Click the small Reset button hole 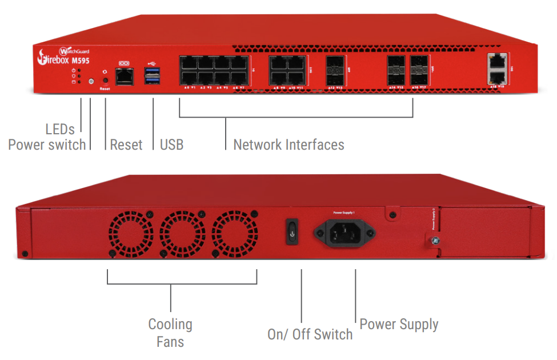(x=105, y=81)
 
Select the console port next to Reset (x=124, y=75)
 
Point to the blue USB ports (x=152, y=75)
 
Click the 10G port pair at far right (x=498, y=68)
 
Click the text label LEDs (x=60, y=130)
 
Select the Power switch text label (x=47, y=145)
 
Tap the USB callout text (x=172, y=145)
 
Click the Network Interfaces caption (x=288, y=145)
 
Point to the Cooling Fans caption (x=170, y=333)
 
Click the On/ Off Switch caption (x=310, y=334)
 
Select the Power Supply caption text (x=399, y=325)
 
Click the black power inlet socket (x=343, y=233)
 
